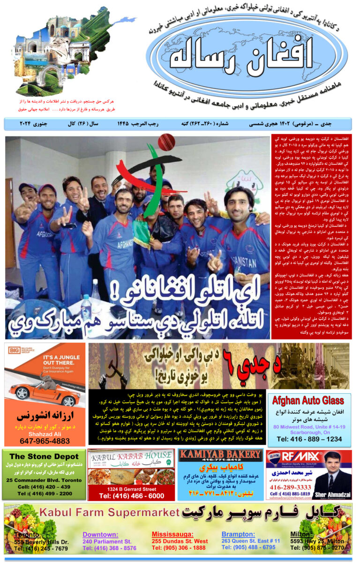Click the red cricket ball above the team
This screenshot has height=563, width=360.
point(166,142)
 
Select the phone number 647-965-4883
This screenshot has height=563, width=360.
point(45,441)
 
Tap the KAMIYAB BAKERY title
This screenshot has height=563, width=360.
point(220,455)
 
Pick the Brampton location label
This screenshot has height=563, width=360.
point(239,534)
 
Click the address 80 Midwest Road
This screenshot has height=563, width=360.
point(309,427)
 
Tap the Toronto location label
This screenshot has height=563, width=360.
point(28,534)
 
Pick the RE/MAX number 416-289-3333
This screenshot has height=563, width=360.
point(290,487)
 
